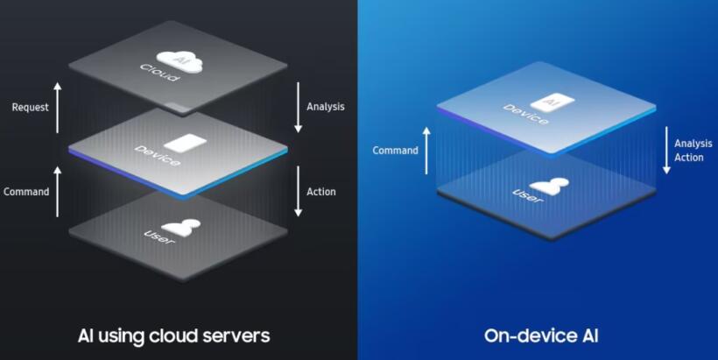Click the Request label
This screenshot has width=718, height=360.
[31, 107]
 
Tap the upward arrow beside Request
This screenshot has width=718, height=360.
[57, 108]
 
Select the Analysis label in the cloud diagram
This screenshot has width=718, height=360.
[326, 107]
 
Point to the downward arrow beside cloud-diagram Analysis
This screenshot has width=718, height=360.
[298, 108]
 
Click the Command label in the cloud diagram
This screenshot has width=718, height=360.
[26, 192]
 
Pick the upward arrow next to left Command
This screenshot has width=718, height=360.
[57, 192]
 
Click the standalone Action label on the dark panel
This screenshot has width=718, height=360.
[321, 192]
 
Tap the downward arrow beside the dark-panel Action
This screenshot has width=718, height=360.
[298, 191]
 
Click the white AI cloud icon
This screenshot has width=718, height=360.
[179, 61]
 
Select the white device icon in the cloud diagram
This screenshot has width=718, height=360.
[186, 144]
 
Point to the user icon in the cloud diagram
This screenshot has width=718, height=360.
[181, 228]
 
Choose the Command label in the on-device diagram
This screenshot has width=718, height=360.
[395, 151]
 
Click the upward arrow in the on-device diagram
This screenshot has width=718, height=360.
[426, 151]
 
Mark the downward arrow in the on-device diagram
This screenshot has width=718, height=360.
[666, 151]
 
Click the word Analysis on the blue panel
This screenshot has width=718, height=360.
[693, 144]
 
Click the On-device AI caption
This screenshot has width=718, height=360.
[541, 335]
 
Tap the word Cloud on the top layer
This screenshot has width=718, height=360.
[158, 73]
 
